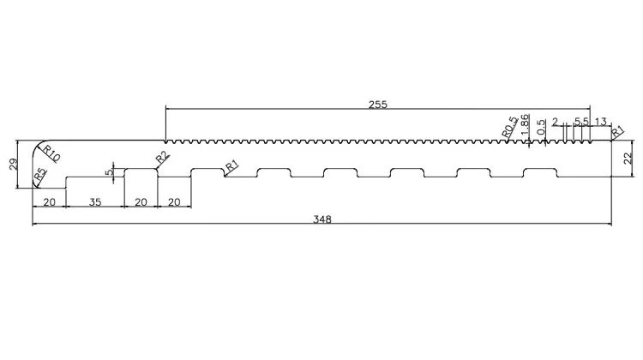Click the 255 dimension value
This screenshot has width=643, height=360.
pos(377,105)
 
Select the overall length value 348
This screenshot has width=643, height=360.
pos(321,219)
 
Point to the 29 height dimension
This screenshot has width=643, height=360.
pos(14,165)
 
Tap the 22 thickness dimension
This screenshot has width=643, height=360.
pos(628,159)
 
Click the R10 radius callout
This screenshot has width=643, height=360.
pos(51,153)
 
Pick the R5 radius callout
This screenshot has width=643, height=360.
pos(39,175)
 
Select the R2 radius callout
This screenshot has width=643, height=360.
pos(162,158)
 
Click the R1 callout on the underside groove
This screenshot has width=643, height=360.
pos(232,166)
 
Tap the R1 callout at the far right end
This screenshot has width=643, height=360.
pos(617,132)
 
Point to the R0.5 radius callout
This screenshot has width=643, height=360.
pos(510,127)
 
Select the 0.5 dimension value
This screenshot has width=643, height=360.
pos(541,127)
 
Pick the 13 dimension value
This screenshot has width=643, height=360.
pos(600,122)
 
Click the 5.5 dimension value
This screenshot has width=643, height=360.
pos(581,122)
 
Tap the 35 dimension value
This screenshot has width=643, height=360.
pos(95,202)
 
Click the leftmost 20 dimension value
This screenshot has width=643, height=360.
pos(49,202)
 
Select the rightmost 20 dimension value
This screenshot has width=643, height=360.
pos(174,202)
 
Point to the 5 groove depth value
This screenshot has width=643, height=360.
pos(109,172)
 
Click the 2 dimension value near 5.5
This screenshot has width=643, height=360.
pos(556,122)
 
